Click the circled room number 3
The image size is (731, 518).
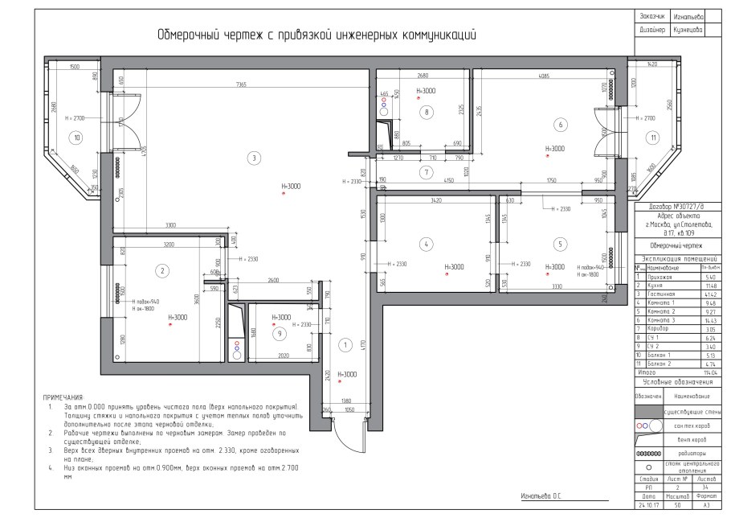(x=253, y=158)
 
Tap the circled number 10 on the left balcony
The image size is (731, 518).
(x=76, y=138)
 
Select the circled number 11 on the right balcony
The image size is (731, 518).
(x=654, y=138)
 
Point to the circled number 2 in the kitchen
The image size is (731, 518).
(x=162, y=270)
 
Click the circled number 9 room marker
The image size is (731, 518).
(x=279, y=333)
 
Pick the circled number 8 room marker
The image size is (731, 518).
(x=427, y=112)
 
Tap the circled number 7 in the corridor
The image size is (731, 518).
(x=427, y=172)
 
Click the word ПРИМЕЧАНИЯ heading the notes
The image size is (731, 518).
(x=64, y=397)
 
